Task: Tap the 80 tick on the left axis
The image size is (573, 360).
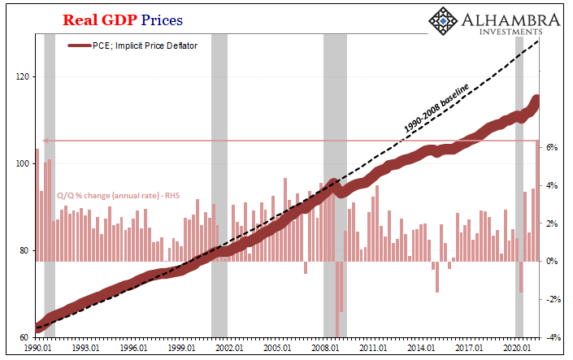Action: tap(22, 250)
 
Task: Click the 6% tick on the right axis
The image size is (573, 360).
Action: tap(551, 148)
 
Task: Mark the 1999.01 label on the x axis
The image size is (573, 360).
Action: tap(181, 348)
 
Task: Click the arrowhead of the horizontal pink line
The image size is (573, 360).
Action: tap(45, 141)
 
